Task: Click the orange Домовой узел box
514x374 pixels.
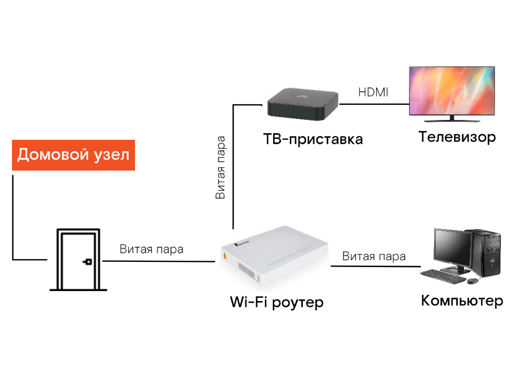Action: [x=74, y=155]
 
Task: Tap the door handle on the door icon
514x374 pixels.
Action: [x=88, y=262]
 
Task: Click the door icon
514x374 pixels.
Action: [x=78, y=259]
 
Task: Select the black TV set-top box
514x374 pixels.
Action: [x=302, y=104]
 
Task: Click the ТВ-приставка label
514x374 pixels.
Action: [x=313, y=139]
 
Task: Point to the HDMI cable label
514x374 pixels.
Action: [x=373, y=92]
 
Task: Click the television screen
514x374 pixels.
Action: [x=452, y=90]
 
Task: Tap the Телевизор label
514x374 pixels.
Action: [x=457, y=137]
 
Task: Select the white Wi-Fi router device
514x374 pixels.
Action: [x=274, y=258]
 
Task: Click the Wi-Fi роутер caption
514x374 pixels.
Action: [x=277, y=302]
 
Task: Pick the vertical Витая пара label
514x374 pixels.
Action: [x=221, y=167]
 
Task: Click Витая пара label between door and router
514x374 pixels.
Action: [x=152, y=249]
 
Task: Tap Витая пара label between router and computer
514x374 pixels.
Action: [x=374, y=256]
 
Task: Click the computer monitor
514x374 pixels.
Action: [x=452, y=250]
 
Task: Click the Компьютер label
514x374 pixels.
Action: [x=462, y=301]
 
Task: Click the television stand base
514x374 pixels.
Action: [x=452, y=120]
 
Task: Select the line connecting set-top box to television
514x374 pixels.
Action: [x=374, y=104]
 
